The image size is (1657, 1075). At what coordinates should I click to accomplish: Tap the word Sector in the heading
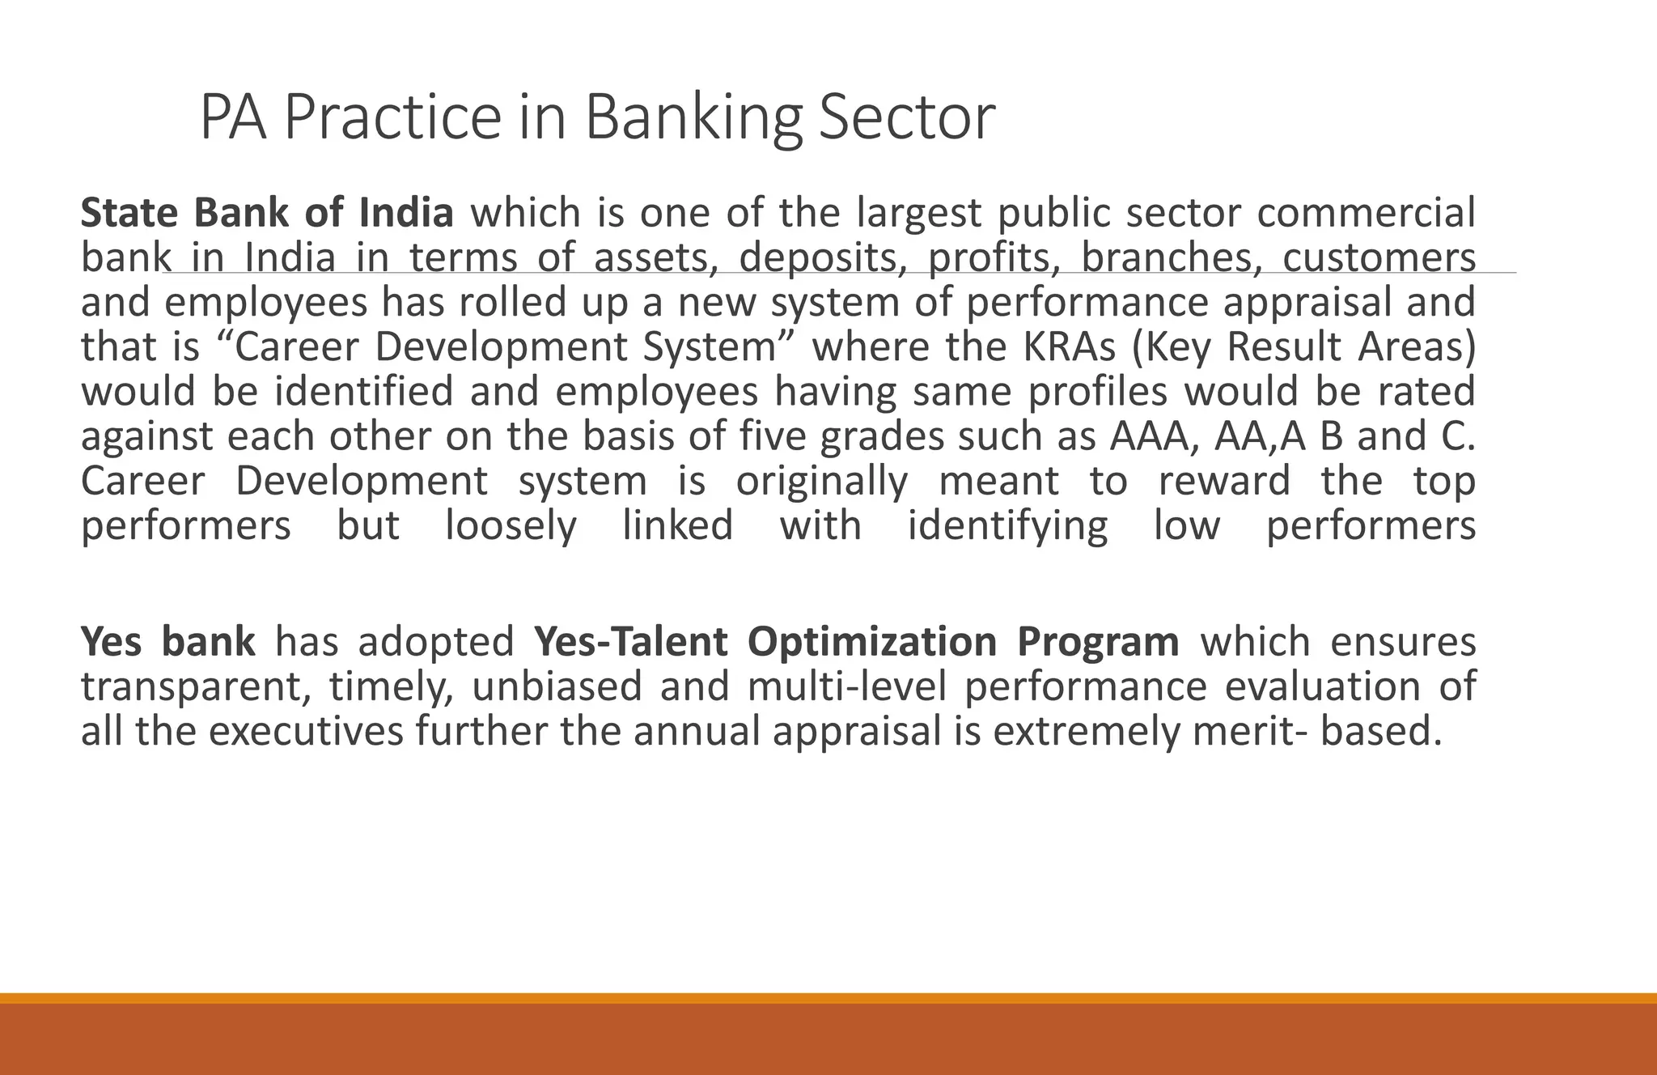point(906,118)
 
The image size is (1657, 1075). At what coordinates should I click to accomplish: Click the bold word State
point(129,213)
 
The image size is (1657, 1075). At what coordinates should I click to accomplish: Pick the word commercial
point(1367,213)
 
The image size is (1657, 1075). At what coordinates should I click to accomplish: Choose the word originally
point(822,482)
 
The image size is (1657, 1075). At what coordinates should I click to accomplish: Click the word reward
point(1224,481)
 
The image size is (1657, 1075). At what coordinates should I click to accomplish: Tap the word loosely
point(511,526)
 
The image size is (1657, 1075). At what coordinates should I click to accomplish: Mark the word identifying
point(1007,526)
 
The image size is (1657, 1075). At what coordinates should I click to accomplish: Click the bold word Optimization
point(872,642)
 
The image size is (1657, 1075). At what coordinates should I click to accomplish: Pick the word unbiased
point(557,686)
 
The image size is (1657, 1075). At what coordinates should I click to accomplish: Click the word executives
point(306,731)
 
